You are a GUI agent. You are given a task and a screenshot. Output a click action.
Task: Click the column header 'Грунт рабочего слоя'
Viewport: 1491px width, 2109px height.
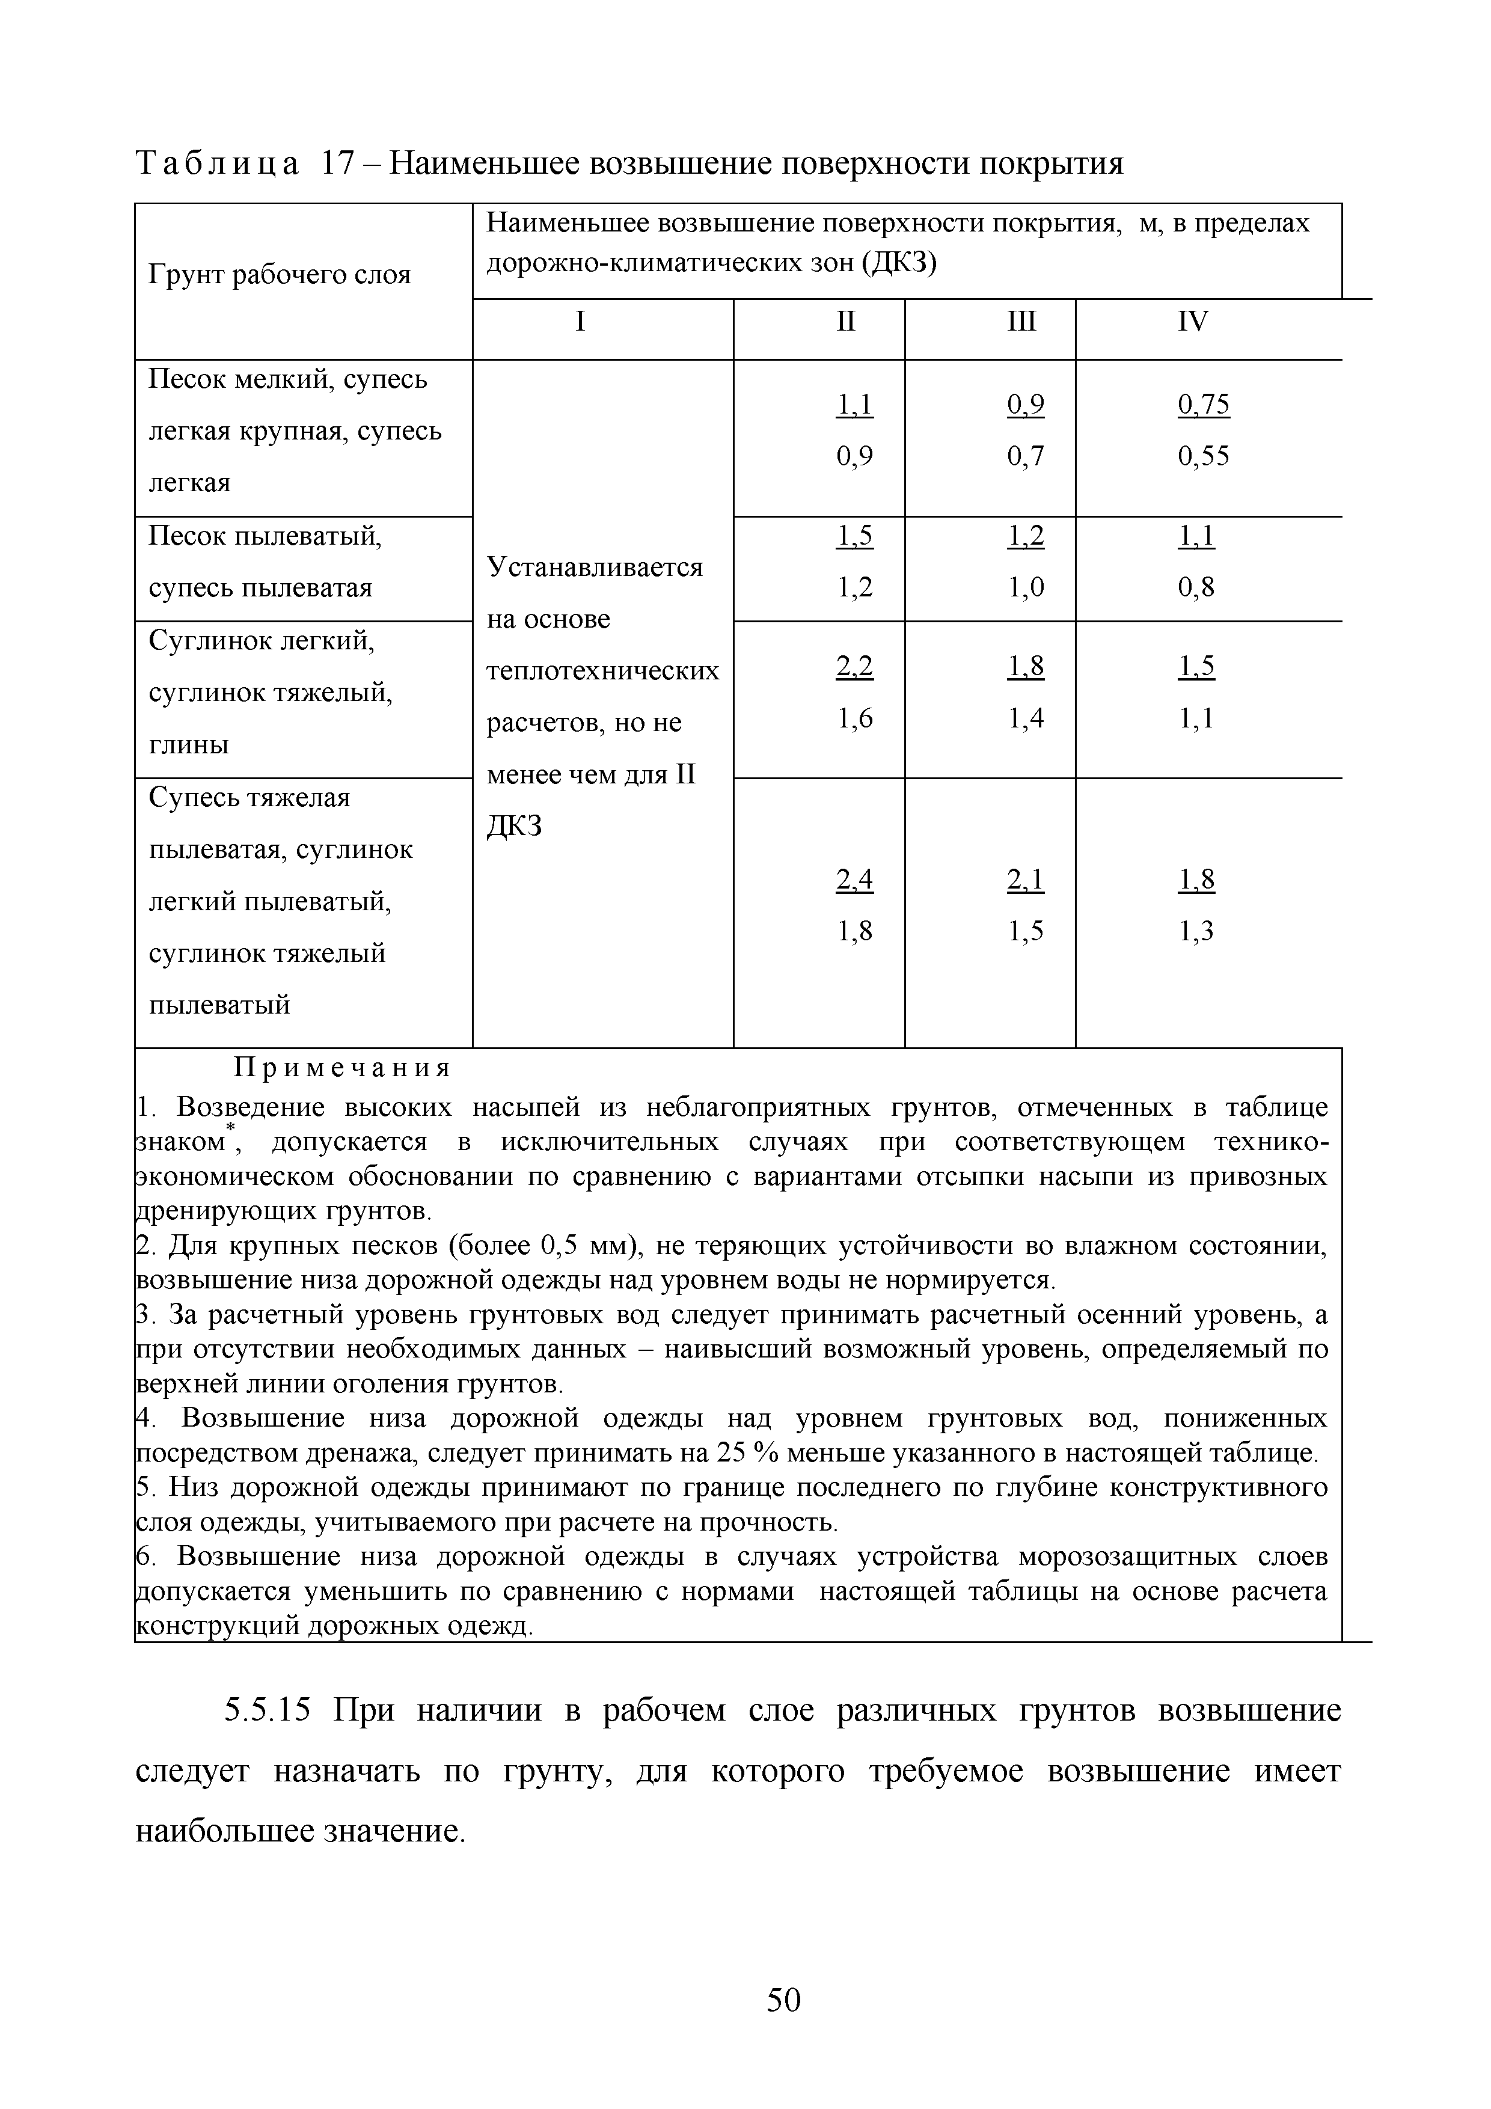[280, 275]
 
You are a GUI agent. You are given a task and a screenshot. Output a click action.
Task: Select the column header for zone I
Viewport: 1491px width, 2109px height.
[580, 322]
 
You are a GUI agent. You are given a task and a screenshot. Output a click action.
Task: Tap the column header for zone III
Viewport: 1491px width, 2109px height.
[1021, 322]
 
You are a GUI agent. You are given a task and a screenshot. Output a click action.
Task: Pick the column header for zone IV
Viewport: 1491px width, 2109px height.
[1193, 322]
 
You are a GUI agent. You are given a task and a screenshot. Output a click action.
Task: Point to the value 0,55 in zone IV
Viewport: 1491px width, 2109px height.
[1204, 456]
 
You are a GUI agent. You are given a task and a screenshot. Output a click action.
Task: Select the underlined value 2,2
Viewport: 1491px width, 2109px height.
[854, 666]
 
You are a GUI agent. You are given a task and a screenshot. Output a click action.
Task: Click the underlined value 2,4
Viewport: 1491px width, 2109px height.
[854, 881]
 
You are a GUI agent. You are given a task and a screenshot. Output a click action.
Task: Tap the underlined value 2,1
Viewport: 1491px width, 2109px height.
[1025, 881]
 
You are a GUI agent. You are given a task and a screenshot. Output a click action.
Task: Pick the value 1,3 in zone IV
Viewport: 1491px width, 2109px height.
[1196, 932]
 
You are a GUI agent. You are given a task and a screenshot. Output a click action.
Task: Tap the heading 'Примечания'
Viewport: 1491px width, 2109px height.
[343, 1068]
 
